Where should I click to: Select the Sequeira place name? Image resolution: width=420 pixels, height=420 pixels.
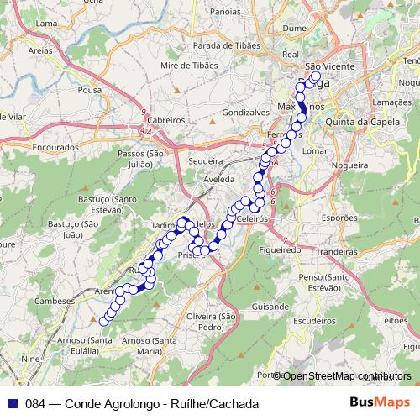point(207,160)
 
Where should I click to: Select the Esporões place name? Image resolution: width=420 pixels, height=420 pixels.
point(339,217)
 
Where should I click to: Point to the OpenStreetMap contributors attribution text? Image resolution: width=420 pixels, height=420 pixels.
point(346,375)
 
